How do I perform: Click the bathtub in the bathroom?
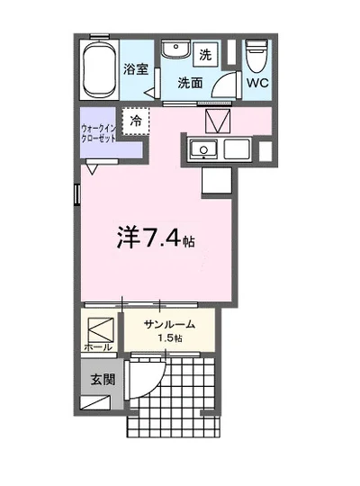pos(99,69)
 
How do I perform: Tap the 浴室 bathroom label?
pos(136,68)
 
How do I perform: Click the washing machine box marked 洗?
pos(205,55)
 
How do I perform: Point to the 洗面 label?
pos(190,83)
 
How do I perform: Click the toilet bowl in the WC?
pos(256,56)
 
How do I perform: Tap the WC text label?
pos(257,83)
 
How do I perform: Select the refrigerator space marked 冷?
pos(135,121)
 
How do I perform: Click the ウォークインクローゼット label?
pos(99,133)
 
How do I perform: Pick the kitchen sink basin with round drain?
pos(203,149)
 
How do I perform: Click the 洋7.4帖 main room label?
pos(156,238)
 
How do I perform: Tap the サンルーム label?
pos(169,325)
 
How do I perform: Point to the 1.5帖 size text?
pos(169,338)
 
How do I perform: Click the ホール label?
pos(98,347)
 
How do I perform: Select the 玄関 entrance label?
pos(103,380)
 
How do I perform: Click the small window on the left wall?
pos(77,194)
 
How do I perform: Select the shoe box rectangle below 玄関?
pos(95,402)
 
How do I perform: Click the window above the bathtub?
pos(99,37)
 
